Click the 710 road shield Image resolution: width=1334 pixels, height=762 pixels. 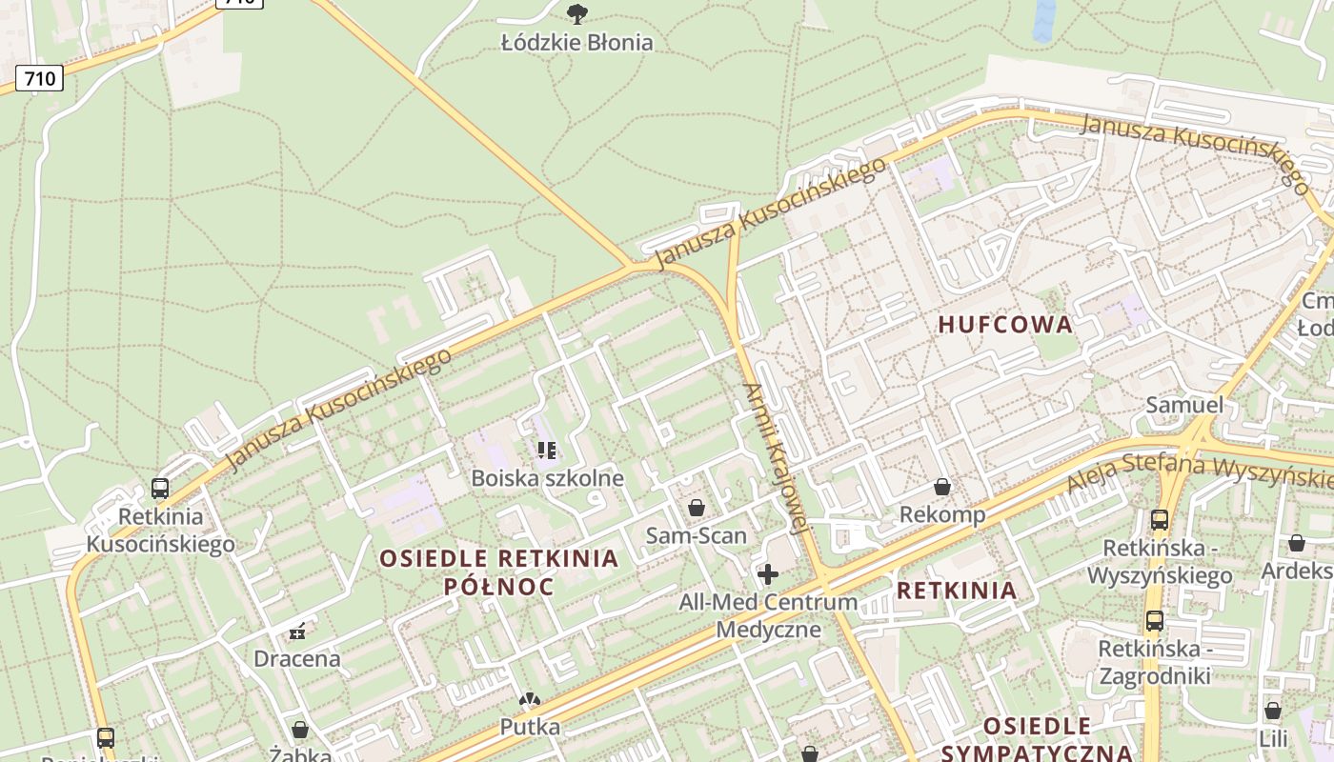tap(39, 78)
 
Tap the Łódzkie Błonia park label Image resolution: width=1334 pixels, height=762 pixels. tap(577, 42)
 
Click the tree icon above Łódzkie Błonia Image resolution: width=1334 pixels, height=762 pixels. tap(576, 13)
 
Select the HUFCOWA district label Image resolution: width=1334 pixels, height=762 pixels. tap(1005, 325)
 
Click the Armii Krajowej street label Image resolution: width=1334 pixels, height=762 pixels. tap(776, 458)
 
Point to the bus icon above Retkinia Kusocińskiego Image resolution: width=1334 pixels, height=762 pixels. tap(160, 489)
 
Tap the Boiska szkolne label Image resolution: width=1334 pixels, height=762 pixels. tap(548, 478)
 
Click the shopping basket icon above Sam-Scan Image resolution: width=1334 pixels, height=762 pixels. tap(697, 508)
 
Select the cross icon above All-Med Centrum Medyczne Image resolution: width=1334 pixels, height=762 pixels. tap(768, 573)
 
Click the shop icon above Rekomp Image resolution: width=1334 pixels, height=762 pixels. tap(942, 487)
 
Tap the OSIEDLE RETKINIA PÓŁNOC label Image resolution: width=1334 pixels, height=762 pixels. tap(499, 571)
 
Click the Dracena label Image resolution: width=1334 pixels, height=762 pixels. tap(297, 658)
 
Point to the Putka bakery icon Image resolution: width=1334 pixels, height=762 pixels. tap(529, 700)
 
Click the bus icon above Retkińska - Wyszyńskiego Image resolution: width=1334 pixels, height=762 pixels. tap(1160, 520)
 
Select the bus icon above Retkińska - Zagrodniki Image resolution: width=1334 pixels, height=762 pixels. tap(1155, 621)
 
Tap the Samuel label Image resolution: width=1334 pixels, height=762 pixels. tap(1184, 405)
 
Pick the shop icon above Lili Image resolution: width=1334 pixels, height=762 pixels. tap(1273, 711)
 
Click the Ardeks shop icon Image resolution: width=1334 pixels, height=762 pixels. tap(1297, 543)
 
